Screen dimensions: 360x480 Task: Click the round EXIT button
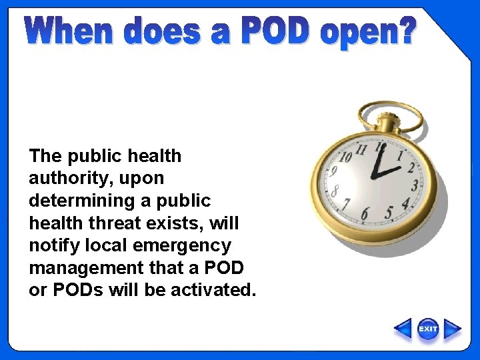tap(428, 329)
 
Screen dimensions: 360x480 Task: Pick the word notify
tap(49, 246)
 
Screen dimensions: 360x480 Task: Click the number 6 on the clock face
tap(364, 214)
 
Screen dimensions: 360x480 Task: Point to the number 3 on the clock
tap(415, 185)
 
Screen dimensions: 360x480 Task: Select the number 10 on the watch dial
tap(345, 158)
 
